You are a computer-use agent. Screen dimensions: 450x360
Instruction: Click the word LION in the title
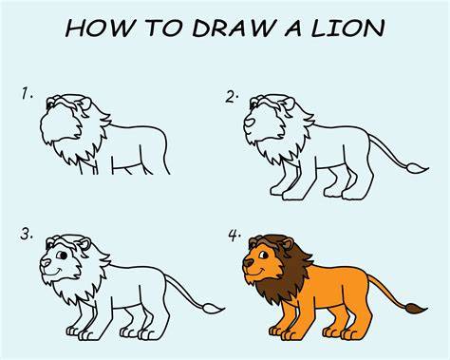click(x=347, y=28)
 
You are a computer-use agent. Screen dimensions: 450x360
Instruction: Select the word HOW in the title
click(x=100, y=28)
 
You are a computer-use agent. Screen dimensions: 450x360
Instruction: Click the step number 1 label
click(x=27, y=94)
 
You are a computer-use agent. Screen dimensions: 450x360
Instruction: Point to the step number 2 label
click(x=232, y=97)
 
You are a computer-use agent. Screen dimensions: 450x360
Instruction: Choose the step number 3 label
click(x=27, y=235)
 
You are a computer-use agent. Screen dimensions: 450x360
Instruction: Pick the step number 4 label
click(x=234, y=236)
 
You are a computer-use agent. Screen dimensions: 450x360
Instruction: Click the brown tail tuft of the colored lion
click(x=416, y=309)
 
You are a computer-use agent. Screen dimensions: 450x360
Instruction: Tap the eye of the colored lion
click(x=264, y=255)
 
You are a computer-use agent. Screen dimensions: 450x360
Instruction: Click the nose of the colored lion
click(x=249, y=262)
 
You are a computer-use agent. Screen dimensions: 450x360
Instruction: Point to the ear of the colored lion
click(x=288, y=244)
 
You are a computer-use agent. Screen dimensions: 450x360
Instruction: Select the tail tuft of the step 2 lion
click(x=417, y=168)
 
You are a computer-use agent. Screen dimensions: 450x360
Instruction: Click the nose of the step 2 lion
click(x=250, y=122)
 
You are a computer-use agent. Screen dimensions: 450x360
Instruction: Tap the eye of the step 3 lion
click(x=62, y=255)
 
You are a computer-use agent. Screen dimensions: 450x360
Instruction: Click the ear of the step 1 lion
click(x=84, y=104)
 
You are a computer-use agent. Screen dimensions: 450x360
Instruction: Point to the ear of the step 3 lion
click(x=84, y=244)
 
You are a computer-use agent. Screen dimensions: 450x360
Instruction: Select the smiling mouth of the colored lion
click(x=258, y=272)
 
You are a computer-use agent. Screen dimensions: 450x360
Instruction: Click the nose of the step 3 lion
click(x=46, y=262)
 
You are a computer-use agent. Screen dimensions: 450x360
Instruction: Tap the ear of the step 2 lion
click(x=289, y=104)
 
